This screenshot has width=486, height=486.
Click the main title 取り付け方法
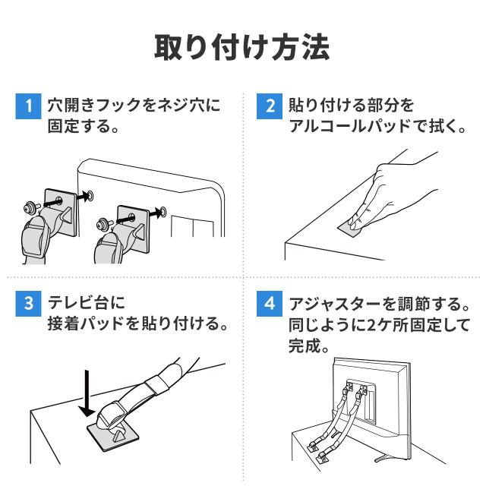[243, 47]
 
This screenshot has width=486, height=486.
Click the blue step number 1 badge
[28, 105]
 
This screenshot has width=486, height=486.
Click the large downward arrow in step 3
[88, 391]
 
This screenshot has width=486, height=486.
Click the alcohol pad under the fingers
[352, 226]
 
